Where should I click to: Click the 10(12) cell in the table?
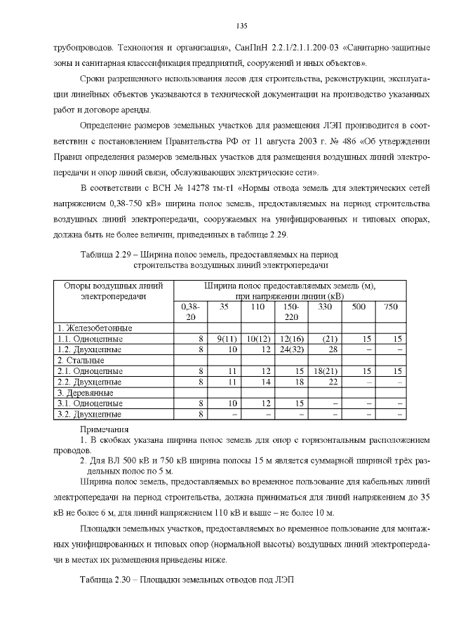(259, 338)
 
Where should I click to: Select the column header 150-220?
(290, 312)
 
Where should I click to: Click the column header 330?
(325, 307)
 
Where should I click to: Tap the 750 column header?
(391, 307)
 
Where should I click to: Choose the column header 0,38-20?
(190, 312)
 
